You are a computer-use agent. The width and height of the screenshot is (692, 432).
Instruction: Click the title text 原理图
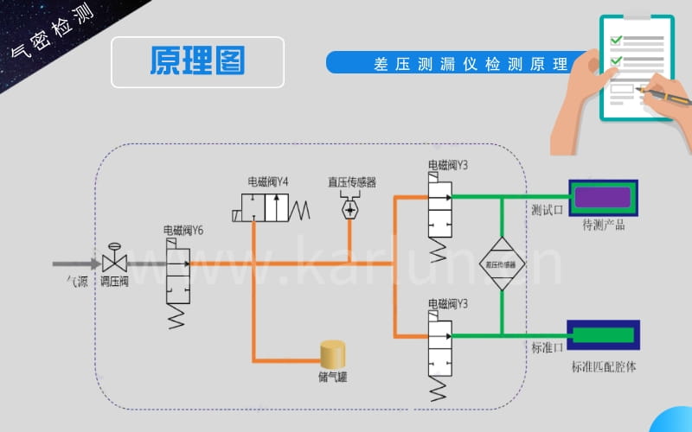pyautogui.click(x=197, y=61)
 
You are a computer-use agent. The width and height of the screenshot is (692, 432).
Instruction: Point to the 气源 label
pyautogui.click(x=78, y=281)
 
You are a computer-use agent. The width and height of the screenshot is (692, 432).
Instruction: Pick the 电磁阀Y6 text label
pyautogui.click(x=183, y=231)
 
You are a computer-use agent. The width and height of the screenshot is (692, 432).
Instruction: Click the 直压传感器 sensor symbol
pyautogui.click(x=351, y=209)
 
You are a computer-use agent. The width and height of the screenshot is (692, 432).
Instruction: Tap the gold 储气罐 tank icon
pyautogui.click(x=332, y=354)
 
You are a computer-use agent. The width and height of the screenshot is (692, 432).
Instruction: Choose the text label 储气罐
pyautogui.click(x=331, y=378)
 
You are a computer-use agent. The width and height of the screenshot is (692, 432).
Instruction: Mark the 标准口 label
pyautogui.click(x=546, y=347)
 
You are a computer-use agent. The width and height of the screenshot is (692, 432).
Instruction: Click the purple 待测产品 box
pyautogui.click(x=603, y=198)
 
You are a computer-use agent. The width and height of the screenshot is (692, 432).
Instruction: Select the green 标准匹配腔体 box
pyautogui.click(x=603, y=334)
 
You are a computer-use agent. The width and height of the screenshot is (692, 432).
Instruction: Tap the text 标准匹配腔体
pyautogui.click(x=603, y=366)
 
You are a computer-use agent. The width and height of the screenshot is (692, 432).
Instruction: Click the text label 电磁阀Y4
pyautogui.click(x=268, y=181)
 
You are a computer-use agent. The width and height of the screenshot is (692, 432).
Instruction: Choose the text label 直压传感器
pyautogui.click(x=351, y=181)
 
